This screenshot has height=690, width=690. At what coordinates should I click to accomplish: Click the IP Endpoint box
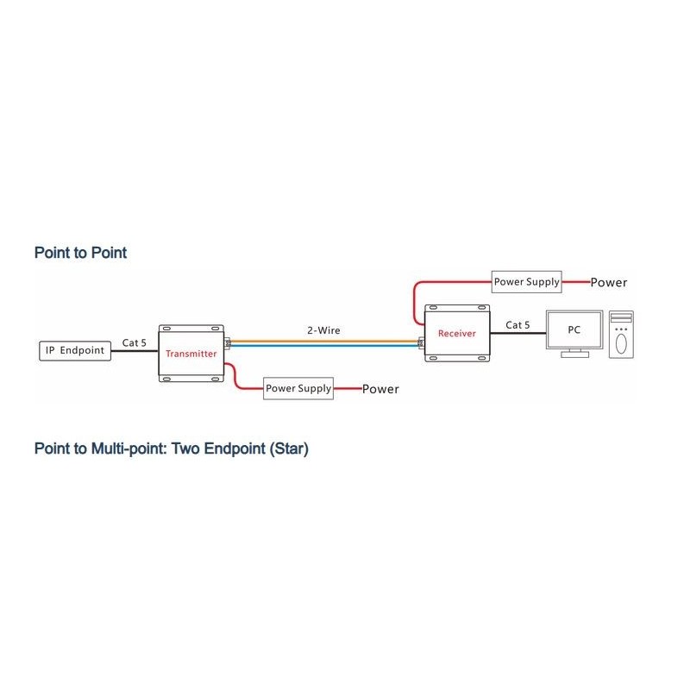point(76,351)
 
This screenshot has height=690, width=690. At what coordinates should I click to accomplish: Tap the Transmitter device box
point(192,353)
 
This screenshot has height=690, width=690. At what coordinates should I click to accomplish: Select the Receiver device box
point(456,333)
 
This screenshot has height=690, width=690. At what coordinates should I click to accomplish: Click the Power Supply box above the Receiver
point(526,281)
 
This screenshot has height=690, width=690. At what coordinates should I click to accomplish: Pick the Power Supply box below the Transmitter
point(298,388)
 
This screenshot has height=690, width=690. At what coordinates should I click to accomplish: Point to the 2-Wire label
point(323,329)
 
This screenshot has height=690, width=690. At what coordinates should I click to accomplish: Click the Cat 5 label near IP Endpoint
point(134,342)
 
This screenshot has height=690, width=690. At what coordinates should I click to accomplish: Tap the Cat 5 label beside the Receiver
point(517,325)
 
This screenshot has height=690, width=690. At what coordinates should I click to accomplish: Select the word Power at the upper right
point(609,283)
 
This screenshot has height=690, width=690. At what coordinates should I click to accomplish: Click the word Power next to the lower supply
point(380,389)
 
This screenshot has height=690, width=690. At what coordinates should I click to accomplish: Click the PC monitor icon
point(574,332)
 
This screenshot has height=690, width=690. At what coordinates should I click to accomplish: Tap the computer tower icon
point(621,335)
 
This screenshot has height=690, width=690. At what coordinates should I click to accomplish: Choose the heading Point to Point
point(80,253)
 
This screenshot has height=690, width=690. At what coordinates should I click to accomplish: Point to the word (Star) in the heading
point(286,449)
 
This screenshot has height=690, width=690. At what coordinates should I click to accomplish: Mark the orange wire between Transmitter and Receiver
point(323,340)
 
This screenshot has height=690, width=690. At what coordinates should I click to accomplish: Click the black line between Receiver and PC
point(517,334)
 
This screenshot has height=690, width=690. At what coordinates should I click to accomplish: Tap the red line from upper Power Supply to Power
point(576,281)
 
